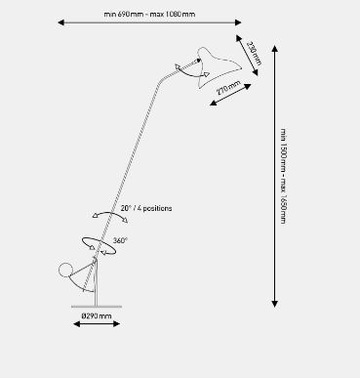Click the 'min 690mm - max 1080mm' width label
coord(149,15)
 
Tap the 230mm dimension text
coord(255,53)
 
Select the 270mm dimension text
coord(228,87)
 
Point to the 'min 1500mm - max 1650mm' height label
coord(284,176)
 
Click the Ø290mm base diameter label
coord(97,315)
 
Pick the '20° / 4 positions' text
coord(146,208)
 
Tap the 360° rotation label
coord(120,240)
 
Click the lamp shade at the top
coord(218,66)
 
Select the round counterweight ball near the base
coord(65,270)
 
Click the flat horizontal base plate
coord(97,307)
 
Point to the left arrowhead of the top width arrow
coord(60,22)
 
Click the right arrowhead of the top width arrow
coord(238,22)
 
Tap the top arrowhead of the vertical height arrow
coord(275,49)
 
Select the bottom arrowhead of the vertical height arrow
coord(275,304)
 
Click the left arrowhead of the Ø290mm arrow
coord(77,323)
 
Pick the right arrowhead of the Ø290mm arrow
coord(117,323)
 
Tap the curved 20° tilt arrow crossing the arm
coord(110,213)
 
